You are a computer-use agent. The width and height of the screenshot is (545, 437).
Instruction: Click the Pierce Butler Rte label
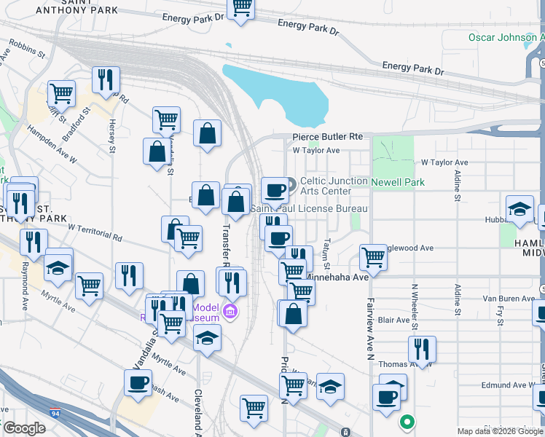[327, 137]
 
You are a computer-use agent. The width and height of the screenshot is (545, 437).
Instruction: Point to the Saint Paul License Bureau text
[308, 209]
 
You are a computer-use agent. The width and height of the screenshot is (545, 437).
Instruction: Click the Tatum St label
[328, 256]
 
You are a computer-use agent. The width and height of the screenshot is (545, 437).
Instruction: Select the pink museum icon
[231, 312]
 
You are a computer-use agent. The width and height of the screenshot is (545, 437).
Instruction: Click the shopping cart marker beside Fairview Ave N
[373, 256]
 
